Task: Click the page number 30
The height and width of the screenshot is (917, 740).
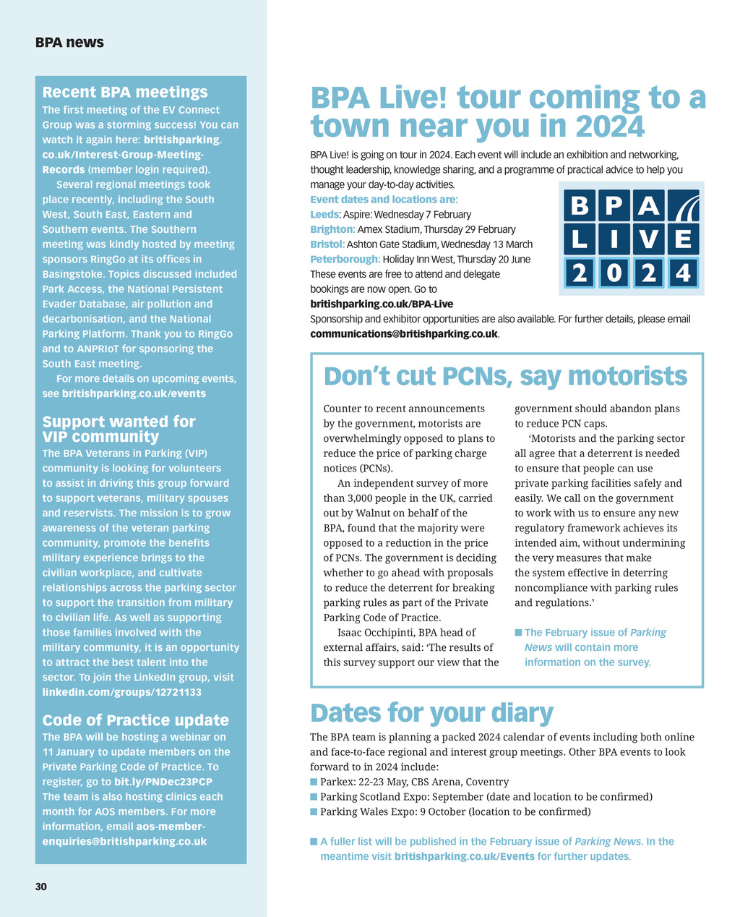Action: click(x=41, y=887)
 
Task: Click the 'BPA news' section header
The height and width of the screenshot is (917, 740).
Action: click(x=69, y=43)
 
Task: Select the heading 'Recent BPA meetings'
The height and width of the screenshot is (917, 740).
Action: click(x=125, y=92)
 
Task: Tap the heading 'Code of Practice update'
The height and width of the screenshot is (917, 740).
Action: click(x=135, y=720)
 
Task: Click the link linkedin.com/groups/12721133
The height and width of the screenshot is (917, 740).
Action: click(x=121, y=692)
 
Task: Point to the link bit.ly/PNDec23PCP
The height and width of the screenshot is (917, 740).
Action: click(x=163, y=782)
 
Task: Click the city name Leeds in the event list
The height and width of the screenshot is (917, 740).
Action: click(x=324, y=214)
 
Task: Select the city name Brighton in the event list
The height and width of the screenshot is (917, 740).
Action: click(x=332, y=229)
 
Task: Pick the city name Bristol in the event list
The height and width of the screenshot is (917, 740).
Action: click(x=327, y=244)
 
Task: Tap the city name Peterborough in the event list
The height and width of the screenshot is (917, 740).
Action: click(x=345, y=259)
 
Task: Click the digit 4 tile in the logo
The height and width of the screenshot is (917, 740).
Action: click(x=683, y=273)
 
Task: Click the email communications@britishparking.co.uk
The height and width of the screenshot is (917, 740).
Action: click(x=404, y=334)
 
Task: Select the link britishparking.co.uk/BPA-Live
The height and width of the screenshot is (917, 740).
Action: click(x=382, y=304)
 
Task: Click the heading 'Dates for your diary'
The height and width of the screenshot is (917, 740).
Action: click(x=431, y=713)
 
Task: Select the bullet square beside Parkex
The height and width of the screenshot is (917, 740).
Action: click(x=314, y=782)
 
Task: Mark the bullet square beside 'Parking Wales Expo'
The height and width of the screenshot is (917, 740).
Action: click(x=314, y=812)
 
